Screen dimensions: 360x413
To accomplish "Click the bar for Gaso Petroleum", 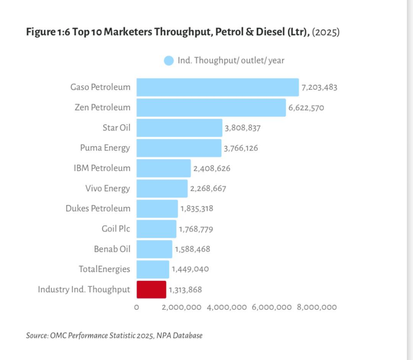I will [x=217, y=87].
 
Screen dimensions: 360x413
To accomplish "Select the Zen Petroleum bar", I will [x=211, y=108].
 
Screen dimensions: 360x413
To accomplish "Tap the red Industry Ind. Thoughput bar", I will [x=151, y=289].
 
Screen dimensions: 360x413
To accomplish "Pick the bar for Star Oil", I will [x=179, y=128].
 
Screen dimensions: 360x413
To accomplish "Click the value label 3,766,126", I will [x=241, y=148].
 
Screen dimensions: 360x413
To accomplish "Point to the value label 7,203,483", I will [x=319, y=87].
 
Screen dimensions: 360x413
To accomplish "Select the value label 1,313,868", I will [x=185, y=289].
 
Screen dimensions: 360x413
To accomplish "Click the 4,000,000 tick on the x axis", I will [x=227, y=307].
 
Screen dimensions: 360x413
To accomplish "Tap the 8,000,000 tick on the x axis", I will [x=317, y=307].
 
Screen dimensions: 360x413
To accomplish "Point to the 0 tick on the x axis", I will [x=137, y=307].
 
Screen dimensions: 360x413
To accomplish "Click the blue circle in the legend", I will [x=169, y=61].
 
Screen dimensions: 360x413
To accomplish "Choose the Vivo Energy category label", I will [x=108, y=188].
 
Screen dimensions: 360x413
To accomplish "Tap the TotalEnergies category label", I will [x=104, y=269].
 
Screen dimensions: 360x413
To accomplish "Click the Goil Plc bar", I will [x=156, y=229].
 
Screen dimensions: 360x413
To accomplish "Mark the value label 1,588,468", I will [x=192, y=249].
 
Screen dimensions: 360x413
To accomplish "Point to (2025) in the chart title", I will [x=326, y=32].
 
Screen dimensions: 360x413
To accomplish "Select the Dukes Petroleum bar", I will [x=157, y=209].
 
